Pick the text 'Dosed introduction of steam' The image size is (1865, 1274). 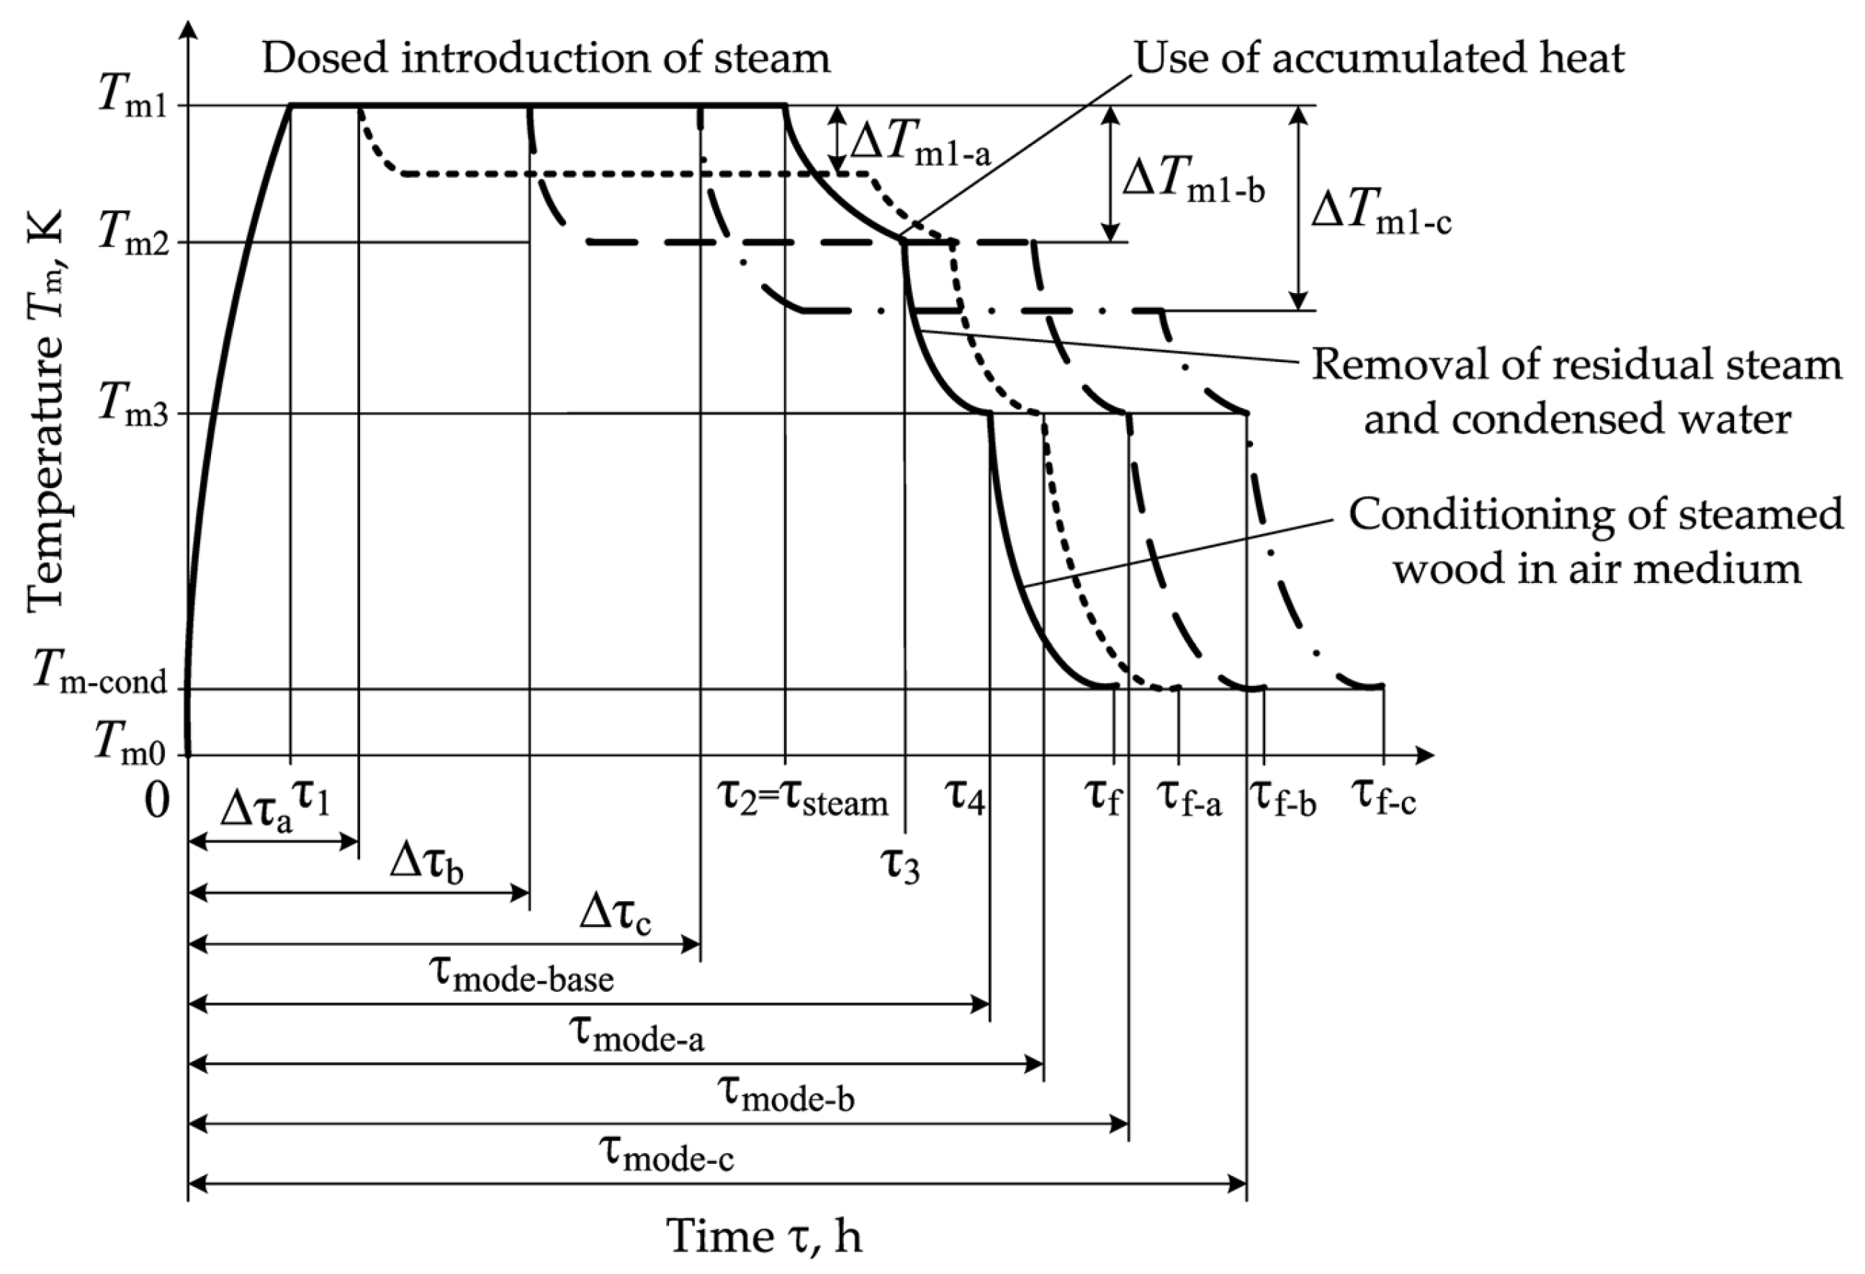[546, 58]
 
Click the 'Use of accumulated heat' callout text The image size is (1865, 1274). [1379, 58]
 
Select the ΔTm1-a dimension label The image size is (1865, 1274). [920, 146]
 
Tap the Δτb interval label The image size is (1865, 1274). [426, 866]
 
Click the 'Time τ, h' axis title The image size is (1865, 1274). [764, 1235]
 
